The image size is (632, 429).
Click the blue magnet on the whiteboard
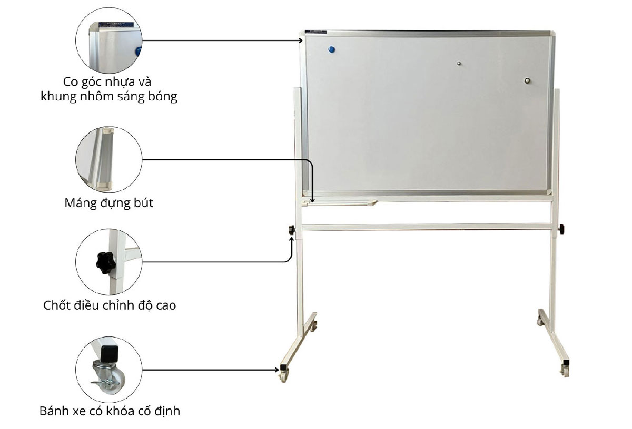(x=331, y=50)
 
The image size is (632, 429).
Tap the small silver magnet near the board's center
(x=459, y=64)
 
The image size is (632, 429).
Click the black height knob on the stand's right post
(x=562, y=229)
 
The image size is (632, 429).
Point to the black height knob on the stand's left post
(x=292, y=230)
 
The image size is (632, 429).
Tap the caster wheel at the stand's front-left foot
(x=283, y=376)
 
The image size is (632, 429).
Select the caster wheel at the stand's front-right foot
(x=565, y=371)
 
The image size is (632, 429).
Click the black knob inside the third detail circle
(x=106, y=263)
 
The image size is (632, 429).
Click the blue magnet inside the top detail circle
(x=138, y=52)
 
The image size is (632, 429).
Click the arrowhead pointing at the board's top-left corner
(x=301, y=40)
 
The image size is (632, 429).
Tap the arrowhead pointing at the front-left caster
(x=277, y=370)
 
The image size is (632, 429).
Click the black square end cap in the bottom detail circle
(x=109, y=354)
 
